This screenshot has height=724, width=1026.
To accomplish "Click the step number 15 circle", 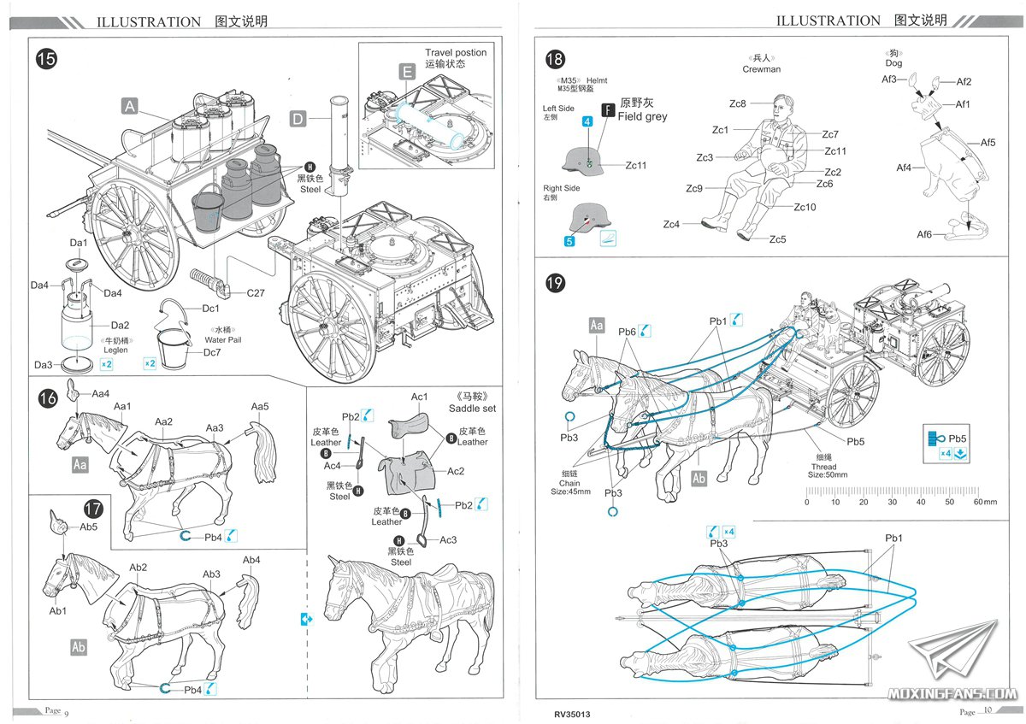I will tap(46, 59).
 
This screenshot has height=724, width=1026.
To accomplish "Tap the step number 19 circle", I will tap(555, 283).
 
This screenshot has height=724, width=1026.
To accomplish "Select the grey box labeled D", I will tap(297, 119).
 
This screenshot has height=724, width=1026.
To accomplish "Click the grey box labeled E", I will tap(408, 72).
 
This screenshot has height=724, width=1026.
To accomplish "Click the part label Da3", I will tap(43, 365).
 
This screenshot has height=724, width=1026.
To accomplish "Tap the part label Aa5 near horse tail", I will tap(260, 406).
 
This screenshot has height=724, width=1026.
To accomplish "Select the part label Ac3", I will tap(449, 539).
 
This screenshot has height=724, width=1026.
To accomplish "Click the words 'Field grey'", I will tap(642, 116).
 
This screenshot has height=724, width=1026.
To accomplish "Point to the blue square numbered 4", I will tap(587, 122).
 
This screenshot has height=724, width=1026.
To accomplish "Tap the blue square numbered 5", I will tap(569, 241).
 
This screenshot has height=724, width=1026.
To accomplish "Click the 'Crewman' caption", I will tap(761, 69).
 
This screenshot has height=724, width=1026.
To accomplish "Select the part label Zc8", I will tap(737, 103).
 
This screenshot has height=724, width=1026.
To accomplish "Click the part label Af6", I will tap(924, 234).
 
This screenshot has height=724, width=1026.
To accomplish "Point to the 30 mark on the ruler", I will tap(892, 502).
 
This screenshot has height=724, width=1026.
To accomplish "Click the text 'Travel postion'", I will tap(456, 52).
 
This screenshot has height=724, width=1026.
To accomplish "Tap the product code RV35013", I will tap(572, 714).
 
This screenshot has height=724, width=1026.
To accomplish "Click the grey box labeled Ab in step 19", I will tap(699, 479).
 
